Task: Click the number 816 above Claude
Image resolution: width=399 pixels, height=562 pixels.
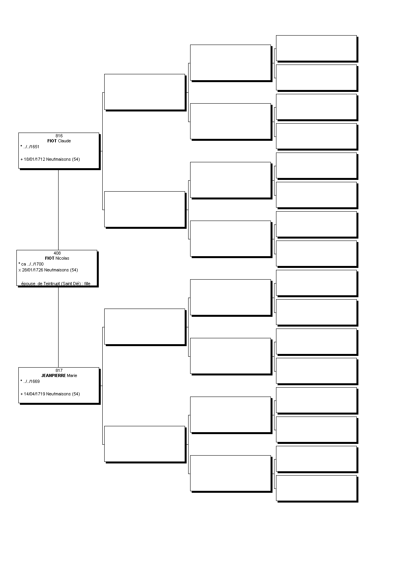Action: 59,136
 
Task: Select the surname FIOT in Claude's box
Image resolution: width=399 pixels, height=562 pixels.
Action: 52,141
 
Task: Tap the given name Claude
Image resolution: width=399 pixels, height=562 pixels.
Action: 64,141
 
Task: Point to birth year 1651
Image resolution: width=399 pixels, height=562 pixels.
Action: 35,147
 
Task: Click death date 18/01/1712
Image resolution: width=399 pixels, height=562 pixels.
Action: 34,159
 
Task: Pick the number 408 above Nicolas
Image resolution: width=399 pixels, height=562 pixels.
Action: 57,253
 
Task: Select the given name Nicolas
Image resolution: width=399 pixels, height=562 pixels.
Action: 62,258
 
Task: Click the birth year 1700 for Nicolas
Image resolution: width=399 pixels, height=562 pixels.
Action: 39,264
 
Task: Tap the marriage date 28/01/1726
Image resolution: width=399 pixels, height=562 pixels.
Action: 32,270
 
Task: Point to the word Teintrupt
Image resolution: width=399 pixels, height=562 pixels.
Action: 52,284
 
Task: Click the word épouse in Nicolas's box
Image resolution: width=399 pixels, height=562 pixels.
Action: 28,284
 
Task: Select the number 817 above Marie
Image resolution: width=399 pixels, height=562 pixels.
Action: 59,370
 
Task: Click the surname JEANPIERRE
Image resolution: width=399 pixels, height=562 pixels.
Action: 53,375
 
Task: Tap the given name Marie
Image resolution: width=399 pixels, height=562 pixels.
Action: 72,375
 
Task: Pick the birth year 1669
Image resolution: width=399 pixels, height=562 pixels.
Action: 35,381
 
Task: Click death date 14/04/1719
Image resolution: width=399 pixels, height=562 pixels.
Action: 34,394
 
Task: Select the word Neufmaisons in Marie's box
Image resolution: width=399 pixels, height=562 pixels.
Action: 58,394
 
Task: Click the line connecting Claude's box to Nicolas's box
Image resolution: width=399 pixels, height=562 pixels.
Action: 58,210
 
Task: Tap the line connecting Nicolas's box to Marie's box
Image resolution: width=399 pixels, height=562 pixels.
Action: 58,327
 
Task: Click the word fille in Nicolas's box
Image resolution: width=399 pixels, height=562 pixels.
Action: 87,284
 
